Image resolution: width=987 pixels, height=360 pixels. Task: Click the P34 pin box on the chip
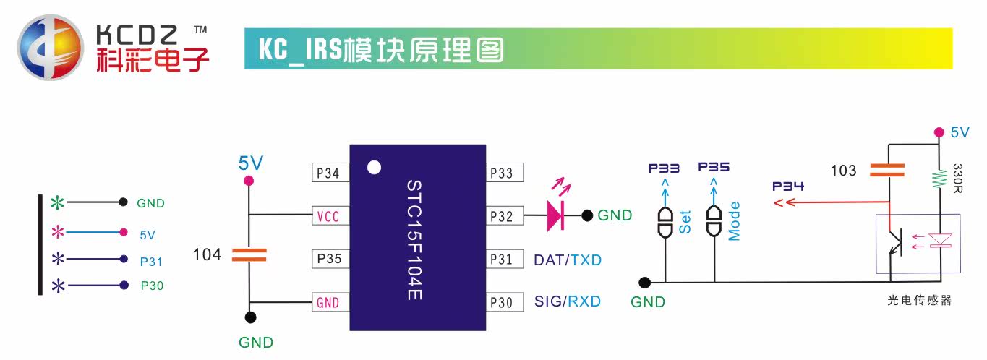[330, 173]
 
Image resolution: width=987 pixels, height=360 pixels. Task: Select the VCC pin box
[330, 216]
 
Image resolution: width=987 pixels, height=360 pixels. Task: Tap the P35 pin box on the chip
[330, 259]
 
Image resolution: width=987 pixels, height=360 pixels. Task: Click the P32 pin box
[505, 216]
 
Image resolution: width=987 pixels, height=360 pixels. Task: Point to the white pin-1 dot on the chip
[374, 168]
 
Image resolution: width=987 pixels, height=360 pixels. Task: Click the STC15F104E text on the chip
[414, 240]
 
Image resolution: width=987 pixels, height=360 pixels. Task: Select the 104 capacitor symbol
[249, 254]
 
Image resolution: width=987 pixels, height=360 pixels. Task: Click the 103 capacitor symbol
[887, 170]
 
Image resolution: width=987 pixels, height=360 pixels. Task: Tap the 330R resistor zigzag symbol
[939, 179]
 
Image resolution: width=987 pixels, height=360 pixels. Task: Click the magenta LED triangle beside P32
[555, 216]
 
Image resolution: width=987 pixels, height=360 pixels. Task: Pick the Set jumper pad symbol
[665, 222]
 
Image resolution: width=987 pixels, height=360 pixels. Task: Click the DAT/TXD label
[568, 260]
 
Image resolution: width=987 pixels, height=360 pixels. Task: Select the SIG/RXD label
[568, 301]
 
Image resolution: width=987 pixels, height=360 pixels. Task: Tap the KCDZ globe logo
[50, 48]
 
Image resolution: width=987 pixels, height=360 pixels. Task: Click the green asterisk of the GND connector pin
[57, 202]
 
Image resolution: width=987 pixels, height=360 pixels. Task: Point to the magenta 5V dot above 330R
[939, 132]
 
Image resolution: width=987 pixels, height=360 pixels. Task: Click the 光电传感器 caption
[920, 301]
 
